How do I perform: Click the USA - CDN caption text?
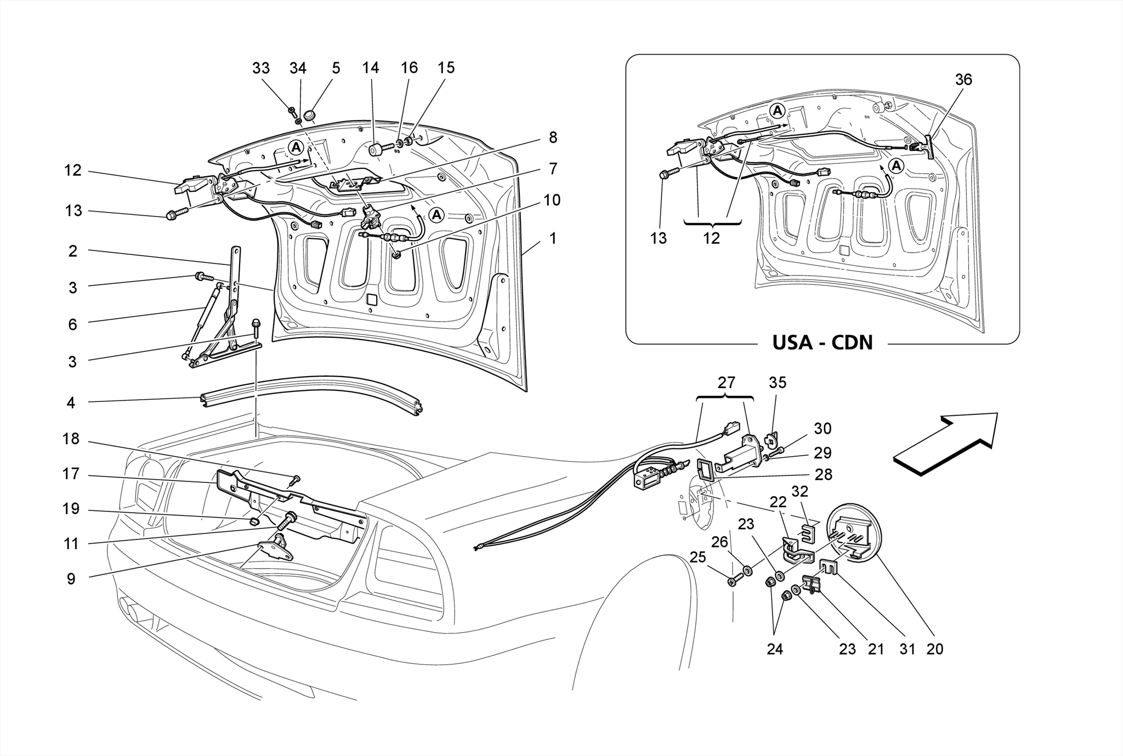(x=822, y=343)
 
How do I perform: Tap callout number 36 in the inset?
(x=963, y=80)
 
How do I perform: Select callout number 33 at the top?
(x=261, y=68)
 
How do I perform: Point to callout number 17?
(x=71, y=474)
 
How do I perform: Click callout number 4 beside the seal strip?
(x=71, y=402)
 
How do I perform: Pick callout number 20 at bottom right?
(x=934, y=649)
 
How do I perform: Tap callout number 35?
(x=778, y=383)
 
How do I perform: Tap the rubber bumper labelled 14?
(x=375, y=150)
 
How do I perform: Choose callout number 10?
(x=552, y=200)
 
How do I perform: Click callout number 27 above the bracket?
(x=726, y=383)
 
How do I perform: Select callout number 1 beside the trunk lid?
(x=553, y=238)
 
